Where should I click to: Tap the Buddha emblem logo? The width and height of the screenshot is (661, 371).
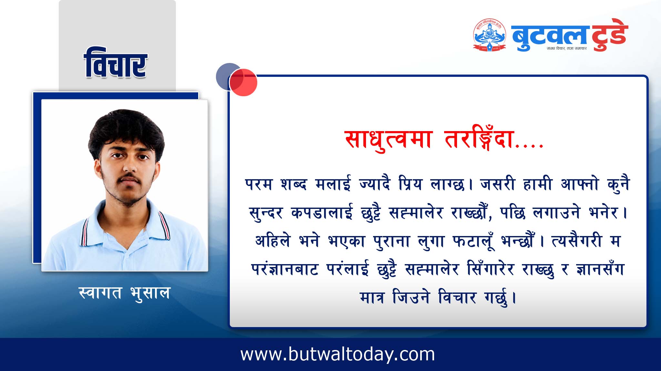coord(489,35)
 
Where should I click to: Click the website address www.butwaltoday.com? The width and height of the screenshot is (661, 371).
coord(338,355)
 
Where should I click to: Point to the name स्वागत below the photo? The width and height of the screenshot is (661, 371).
coord(100,293)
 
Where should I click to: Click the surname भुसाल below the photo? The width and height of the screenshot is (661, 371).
coord(150,294)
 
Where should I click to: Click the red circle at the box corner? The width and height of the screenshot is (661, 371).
coord(243,82)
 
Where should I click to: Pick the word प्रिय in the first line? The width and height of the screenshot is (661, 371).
coord(410,184)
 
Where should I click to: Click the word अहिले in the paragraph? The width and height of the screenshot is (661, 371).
coord(272,241)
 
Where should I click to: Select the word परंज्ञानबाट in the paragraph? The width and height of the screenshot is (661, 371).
coord(285,269)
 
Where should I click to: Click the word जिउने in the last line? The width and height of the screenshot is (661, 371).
coord(411,297)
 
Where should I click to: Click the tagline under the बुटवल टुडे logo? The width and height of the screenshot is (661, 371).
coord(566,48)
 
